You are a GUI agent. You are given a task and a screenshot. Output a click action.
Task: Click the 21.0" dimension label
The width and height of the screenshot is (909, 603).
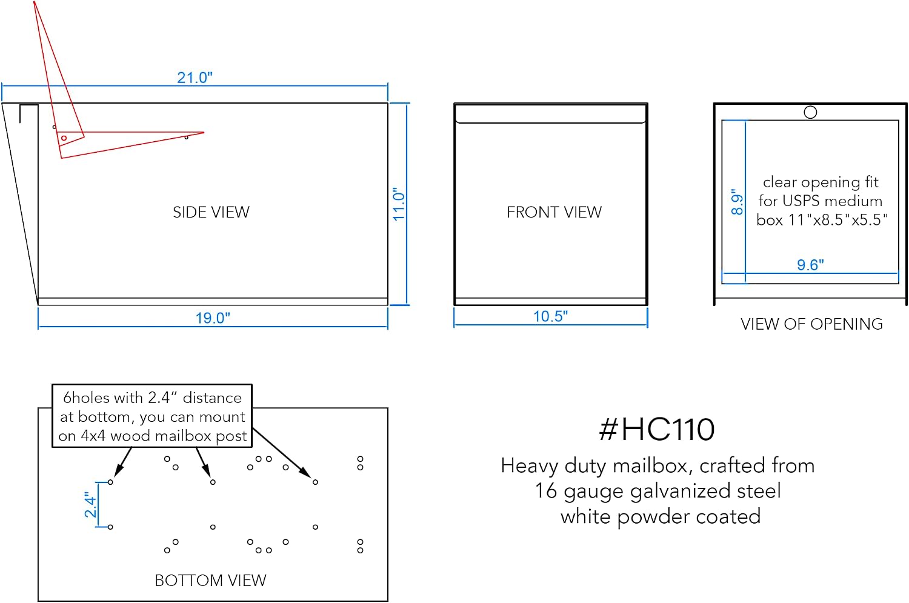click(195, 77)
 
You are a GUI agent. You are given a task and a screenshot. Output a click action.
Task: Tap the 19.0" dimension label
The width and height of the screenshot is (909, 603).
click(213, 318)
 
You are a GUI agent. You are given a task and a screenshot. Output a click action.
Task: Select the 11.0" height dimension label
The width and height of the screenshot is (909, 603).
click(399, 204)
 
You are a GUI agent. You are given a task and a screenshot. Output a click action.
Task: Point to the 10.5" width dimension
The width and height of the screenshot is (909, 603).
click(550, 316)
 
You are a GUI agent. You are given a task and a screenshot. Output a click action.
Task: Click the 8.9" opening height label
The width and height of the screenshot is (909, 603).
click(736, 202)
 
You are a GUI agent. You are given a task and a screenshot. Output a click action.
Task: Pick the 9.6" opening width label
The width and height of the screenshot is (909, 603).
click(810, 265)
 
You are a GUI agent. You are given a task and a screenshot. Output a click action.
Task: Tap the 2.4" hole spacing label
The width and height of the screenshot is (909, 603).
click(90, 504)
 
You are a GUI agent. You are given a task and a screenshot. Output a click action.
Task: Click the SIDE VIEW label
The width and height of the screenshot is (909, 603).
click(211, 212)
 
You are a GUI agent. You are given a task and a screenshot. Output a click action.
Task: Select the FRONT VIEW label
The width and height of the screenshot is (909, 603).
click(554, 212)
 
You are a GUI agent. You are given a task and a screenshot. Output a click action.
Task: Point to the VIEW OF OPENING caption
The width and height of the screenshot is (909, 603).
click(811, 324)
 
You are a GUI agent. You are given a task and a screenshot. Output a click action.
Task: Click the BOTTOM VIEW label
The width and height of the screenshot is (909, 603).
click(211, 581)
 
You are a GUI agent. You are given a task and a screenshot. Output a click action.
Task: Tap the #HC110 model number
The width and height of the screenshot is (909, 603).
click(656, 429)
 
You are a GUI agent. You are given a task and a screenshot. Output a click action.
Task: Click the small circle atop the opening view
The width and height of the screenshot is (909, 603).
click(810, 112)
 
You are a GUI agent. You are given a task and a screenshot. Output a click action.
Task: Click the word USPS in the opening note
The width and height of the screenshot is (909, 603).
click(802, 201)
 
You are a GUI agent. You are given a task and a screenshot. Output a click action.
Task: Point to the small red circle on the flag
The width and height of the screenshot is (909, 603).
click(64, 138)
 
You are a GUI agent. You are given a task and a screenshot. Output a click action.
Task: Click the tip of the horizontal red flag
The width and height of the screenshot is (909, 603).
click(204, 132)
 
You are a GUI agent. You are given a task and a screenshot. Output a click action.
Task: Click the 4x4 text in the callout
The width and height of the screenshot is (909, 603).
click(93, 436)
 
